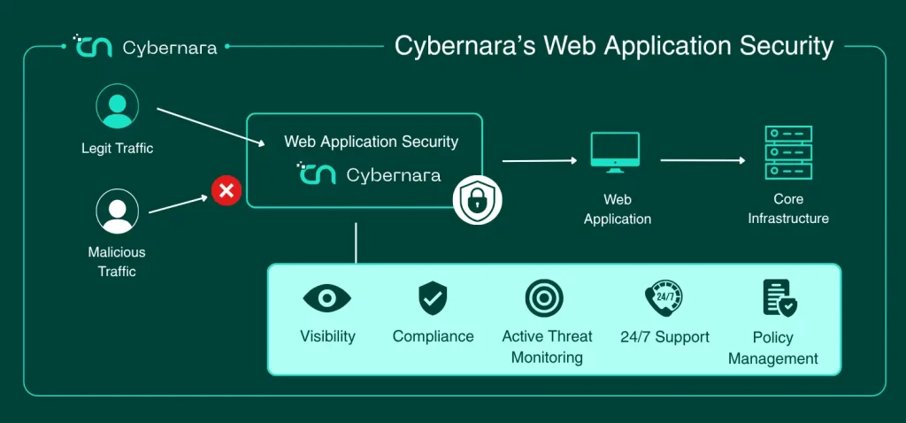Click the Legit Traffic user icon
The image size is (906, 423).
[x=118, y=106]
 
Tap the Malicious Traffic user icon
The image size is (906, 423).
[x=118, y=211]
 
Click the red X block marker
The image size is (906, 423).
[x=226, y=190]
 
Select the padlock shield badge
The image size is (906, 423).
[x=477, y=199]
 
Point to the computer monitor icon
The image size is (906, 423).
[x=615, y=152]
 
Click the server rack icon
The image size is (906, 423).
[x=788, y=152]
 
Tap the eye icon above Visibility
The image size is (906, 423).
[x=327, y=298]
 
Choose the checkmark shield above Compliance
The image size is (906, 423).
[x=433, y=298]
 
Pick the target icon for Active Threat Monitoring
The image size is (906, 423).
[x=544, y=298]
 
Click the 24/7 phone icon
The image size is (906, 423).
[x=664, y=298]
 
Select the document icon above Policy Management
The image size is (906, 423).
[x=779, y=298]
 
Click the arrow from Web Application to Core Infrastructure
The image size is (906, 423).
[x=703, y=160]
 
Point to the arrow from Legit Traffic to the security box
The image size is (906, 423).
[x=211, y=127]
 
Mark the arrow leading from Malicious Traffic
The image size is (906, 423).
[x=178, y=204]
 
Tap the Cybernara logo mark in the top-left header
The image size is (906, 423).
[x=92, y=46]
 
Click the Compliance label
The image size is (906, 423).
[x=433, y=336]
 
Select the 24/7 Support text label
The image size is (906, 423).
[x=664, y=337]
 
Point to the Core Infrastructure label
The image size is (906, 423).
[x=788, y=209]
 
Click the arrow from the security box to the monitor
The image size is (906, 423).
[x=540, y=161]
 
